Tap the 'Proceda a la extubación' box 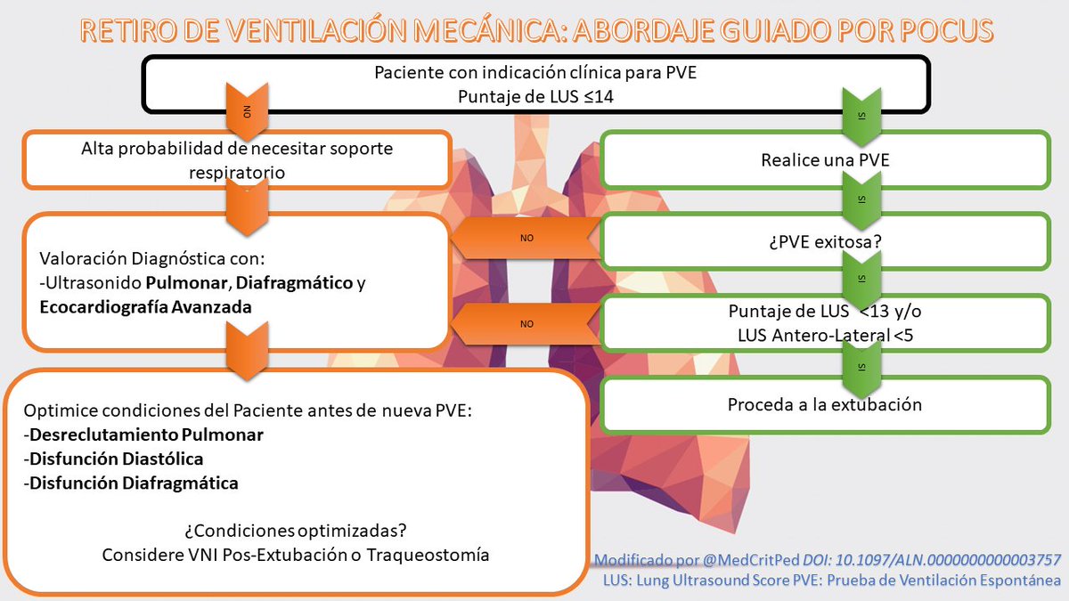(x=824, y=403)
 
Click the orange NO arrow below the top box (x=247, y=110)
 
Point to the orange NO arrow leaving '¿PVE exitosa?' (x=526, y=240)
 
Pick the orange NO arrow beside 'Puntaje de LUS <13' (x=526, y=323)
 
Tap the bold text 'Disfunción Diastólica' (x=117, y=459)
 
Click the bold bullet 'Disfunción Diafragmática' (x=134, y=483)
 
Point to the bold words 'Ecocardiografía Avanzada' (x=145, y=306)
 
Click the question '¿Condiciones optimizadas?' (x=296, y=531)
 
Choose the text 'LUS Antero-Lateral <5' (x=824, y=335)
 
